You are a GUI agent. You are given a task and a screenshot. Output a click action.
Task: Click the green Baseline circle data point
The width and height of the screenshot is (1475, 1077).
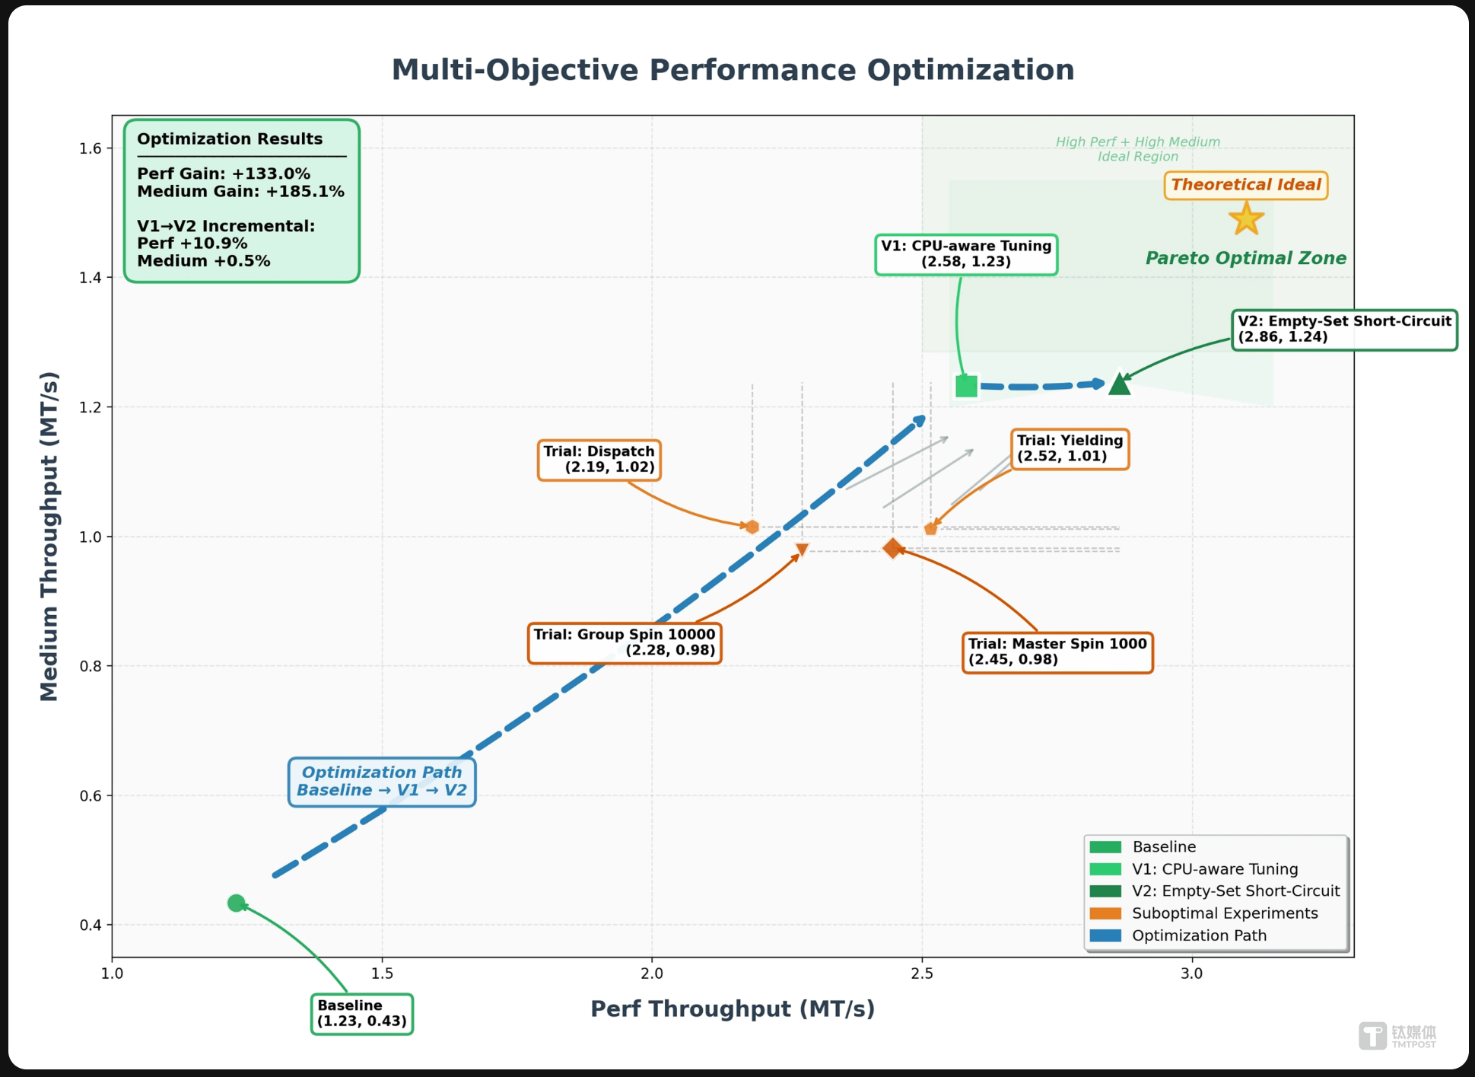tap(236, 903)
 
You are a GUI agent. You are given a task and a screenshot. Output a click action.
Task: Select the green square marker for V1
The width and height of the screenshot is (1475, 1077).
tap(966, 386)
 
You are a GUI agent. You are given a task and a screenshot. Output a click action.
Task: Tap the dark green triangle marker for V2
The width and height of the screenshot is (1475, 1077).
tap(1119, 384)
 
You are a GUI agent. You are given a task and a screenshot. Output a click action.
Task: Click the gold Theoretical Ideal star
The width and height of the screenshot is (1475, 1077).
tap(1246, 219)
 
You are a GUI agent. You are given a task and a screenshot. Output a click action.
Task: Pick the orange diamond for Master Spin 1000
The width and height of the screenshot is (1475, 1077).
tap(892, 548)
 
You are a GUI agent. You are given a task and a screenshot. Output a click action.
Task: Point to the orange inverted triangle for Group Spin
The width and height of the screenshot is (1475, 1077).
tap(802, 550)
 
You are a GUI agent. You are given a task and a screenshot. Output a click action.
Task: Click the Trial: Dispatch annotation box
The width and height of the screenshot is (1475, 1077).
tap(599, 460)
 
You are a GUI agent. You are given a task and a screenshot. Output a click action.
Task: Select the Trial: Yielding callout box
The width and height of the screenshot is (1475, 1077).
tap(1070, 448)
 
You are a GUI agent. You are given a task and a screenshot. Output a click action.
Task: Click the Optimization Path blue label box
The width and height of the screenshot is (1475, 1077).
tap(382, 782)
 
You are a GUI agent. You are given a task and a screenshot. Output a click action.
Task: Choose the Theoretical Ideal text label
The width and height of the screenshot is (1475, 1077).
tap(1246, 185)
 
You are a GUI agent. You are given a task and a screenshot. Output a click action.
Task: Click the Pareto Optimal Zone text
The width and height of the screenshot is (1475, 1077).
tap(1245, 259)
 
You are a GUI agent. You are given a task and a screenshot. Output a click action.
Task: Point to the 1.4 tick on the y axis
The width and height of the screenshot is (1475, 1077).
tap(90, 278)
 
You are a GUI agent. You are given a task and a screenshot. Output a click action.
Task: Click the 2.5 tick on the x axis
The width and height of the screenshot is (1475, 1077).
tap(922, 973)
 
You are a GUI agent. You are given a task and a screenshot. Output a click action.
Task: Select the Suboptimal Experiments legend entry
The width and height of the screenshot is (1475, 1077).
tap(1224, 913)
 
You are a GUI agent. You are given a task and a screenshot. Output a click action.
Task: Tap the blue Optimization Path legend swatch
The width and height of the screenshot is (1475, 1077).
tap(1105, 935)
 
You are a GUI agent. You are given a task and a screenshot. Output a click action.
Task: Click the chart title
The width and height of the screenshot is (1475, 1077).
tap(733, 70)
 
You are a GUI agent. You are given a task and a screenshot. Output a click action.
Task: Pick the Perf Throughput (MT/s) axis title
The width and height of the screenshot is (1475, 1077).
tap(733, 1009)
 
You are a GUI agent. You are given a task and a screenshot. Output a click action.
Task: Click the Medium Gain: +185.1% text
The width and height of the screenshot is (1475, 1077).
tap(240, 192)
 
